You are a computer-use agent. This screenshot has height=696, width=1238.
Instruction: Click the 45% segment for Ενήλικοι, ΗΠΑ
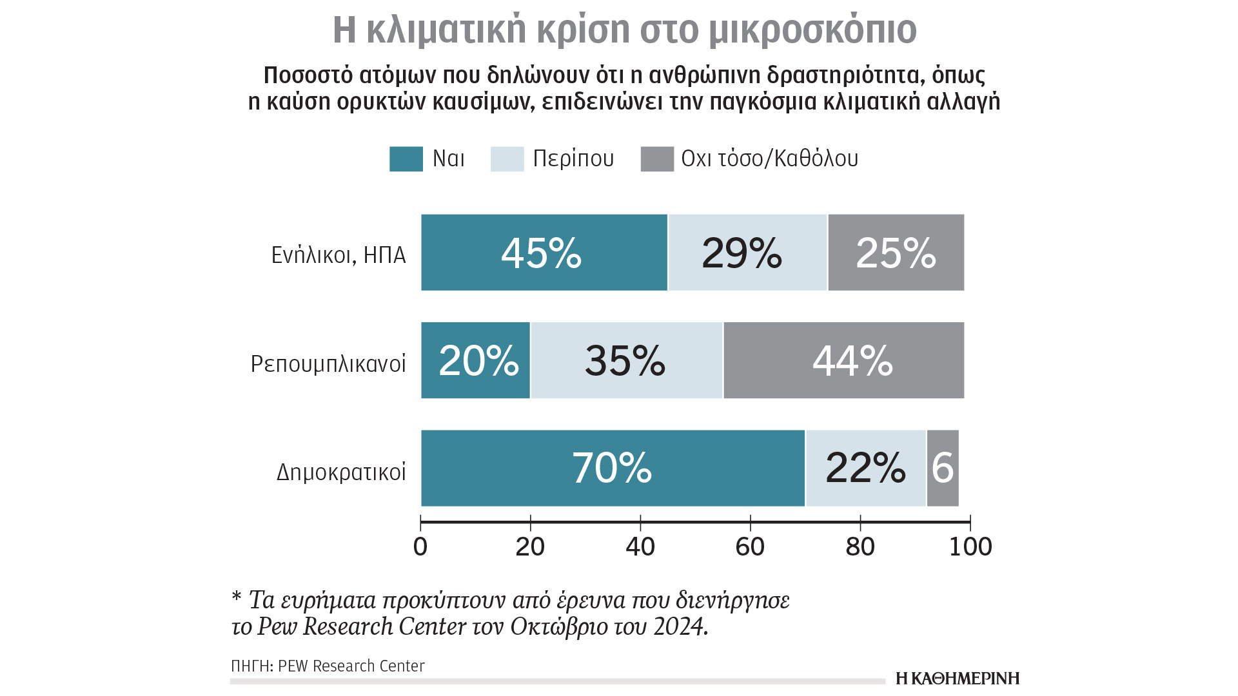coord(544,253)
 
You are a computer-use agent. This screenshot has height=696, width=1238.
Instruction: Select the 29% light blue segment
coord(747,253)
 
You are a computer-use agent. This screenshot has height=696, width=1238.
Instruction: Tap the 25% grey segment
coord(896,253)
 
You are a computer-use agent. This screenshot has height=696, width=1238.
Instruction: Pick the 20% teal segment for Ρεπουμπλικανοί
coord(475,360)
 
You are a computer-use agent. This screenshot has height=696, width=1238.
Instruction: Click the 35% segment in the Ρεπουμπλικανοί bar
coord(626,360)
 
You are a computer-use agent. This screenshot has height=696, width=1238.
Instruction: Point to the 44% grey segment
coord(843,360)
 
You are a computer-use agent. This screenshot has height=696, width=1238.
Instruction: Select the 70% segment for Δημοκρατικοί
coord(613,468)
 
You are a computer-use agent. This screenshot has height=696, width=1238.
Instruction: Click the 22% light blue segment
coord(865,468)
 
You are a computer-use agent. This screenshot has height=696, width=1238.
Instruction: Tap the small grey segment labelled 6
coord(943,468)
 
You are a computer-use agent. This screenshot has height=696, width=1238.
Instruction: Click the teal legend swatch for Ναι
coord(406,159)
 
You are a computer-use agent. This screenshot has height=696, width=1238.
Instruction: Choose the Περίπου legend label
coord(573,159)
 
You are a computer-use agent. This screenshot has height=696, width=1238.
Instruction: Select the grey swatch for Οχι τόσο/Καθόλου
coord(656,159)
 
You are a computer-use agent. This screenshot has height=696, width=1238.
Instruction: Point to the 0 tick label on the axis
coord(420,547)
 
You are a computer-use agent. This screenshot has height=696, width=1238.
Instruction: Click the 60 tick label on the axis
coord(750,547)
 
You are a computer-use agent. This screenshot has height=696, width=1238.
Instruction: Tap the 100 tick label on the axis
coord(970,547)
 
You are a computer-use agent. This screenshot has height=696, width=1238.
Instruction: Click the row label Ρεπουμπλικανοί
coord(328,364)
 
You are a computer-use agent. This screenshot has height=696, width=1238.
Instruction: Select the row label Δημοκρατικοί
coord(341,472)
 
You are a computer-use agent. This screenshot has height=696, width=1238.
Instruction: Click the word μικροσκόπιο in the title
coord(812,30)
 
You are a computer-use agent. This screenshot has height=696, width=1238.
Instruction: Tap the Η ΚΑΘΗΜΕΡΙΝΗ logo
coord(958,678)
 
